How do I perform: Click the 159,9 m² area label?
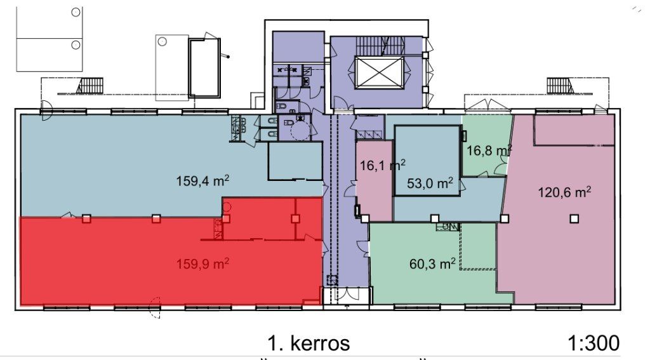(x=203, y=263)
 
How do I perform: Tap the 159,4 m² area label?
(x=203, y=181)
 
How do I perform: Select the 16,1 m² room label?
(x=382, y=166)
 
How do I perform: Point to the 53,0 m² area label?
(x=430, y=183)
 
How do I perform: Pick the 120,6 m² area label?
(x=564, y=192)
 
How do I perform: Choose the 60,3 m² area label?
(x=432, y=263)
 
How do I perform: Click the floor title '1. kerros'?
(x=309, y=343)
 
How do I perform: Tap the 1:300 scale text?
(x=594, y=343)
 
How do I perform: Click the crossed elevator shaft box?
(x=379, y=72)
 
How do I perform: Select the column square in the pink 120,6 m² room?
(x=574, y=218)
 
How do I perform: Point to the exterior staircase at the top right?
(x=560, y=86)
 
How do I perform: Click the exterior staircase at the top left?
(x=89, y=86)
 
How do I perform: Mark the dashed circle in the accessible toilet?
(x=300, y=132)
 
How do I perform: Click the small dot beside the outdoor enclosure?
(x=228, y=57)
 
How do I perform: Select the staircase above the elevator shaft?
(x=380, y=45)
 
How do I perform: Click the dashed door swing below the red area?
(x=155, y=308)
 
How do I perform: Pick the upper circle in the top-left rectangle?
(x=76, y=12)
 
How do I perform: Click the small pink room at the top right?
(x=574, y=130)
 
